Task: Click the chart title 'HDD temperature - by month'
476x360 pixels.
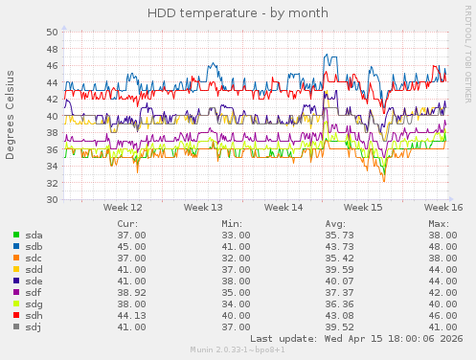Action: (x=238, y=13)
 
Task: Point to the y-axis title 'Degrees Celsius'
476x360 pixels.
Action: (x=11, y=115)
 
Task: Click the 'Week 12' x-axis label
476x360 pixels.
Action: (x=123, y=207)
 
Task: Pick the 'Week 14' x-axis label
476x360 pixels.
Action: (x=283, y=207)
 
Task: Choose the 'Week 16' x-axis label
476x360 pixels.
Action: (x=444, y=207)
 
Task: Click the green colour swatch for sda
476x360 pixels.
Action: (x=16, y=235)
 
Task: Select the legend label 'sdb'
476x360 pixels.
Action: (x=34, y=246)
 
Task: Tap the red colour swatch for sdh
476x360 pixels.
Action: (x=16, y=315)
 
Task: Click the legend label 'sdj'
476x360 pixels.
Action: (x=34, y=326)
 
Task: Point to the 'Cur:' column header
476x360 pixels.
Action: (x=127, y=223)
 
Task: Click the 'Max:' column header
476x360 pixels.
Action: (x=439, y=223)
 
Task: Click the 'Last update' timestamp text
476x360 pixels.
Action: (x=356, y=338)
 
